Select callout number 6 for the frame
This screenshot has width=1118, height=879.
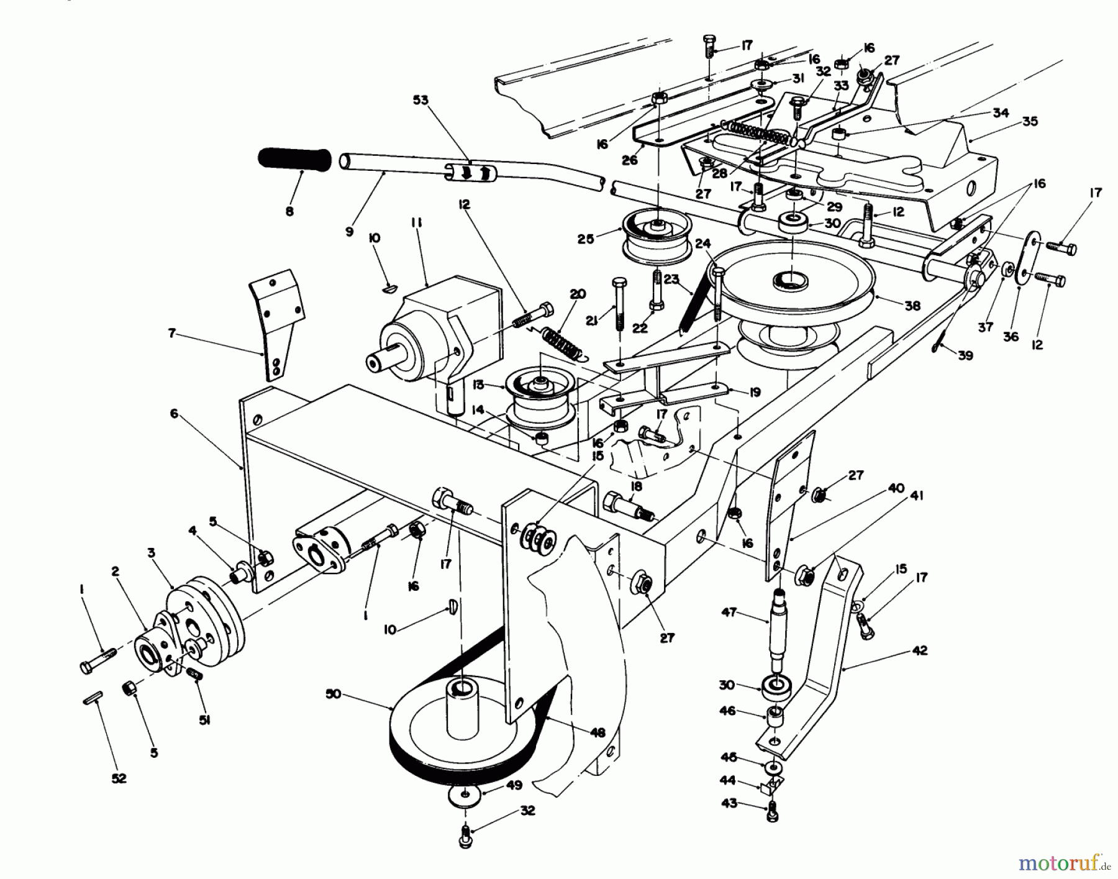[x=175, y=413]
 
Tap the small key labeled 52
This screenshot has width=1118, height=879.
[x=93, y=700]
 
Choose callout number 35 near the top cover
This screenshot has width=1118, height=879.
[x=1029, y=121]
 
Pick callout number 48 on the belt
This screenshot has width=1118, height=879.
[x=597, y=733]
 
